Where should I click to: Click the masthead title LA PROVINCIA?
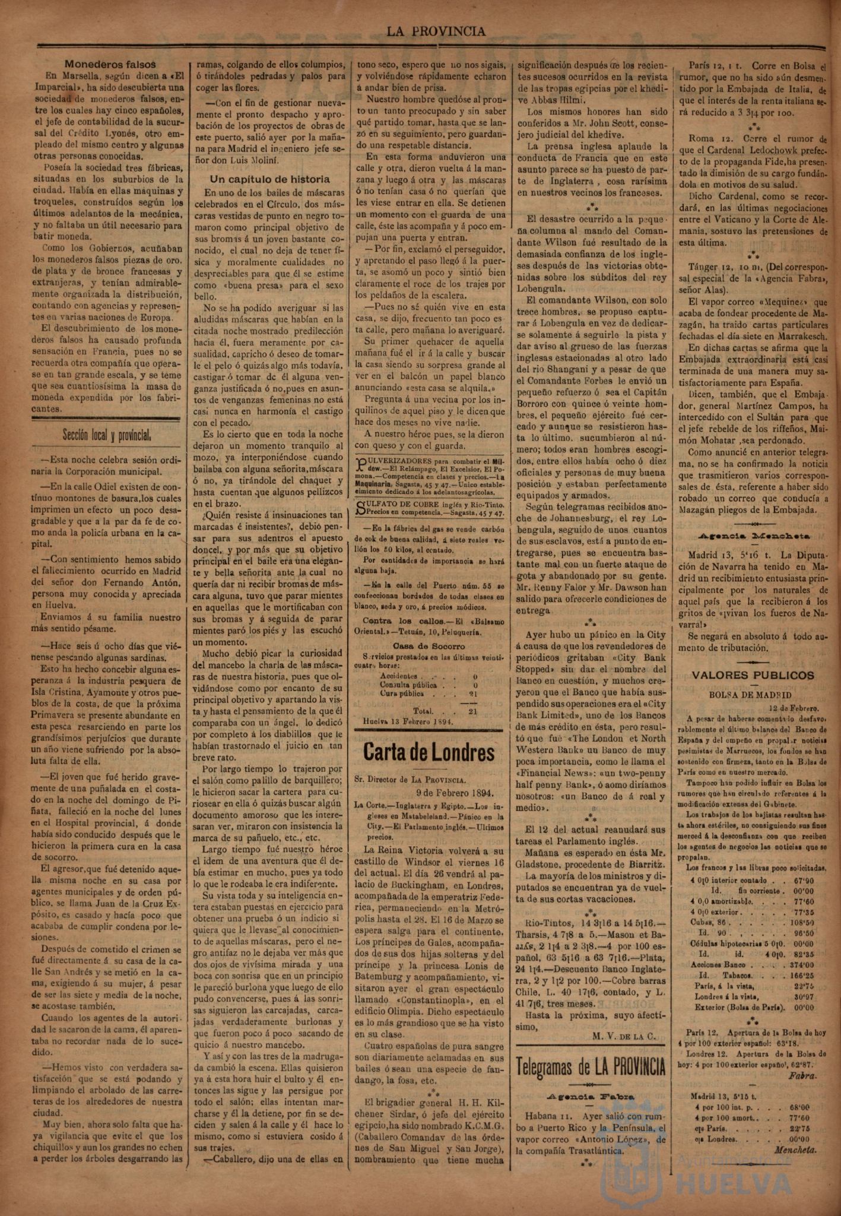436,31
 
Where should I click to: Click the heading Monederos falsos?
110,64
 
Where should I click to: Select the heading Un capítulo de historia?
270,179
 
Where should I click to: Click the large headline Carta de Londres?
429,753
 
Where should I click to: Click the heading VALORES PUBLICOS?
753,675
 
